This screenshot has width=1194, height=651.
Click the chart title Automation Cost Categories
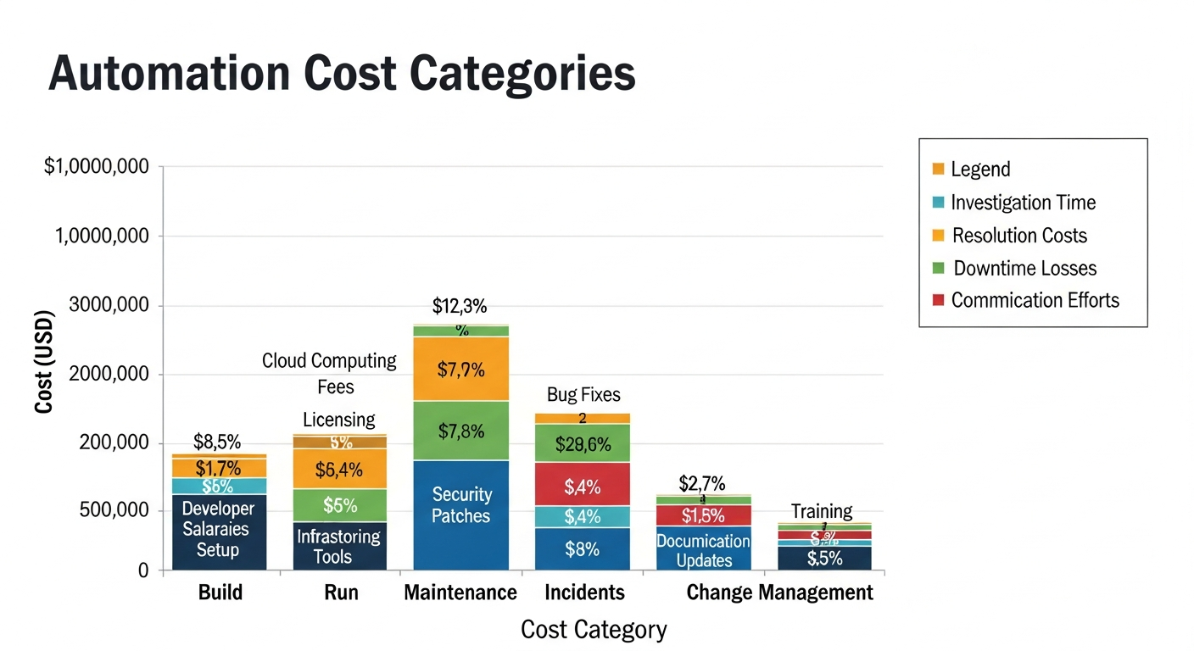342,74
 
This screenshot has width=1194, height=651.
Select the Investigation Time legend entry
1023,203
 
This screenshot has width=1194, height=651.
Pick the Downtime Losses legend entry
1024,269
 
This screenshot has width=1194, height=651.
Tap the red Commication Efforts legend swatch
938,301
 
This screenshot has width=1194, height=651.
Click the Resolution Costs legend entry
1019,236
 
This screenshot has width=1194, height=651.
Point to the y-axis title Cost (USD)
44,362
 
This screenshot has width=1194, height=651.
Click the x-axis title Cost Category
594,630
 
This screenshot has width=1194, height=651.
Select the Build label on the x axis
220,593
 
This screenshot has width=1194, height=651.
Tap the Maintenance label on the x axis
460,593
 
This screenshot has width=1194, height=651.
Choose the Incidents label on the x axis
584,593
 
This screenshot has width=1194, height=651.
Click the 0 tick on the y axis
143,571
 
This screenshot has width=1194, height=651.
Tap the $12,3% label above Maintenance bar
460,306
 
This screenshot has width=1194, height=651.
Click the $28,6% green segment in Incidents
583,443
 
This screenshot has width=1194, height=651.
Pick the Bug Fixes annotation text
583,395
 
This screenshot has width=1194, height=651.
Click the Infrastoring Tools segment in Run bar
339,547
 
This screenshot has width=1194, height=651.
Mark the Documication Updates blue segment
704,549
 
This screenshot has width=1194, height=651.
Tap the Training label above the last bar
822,511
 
